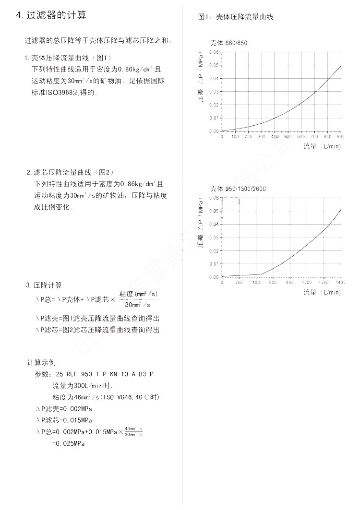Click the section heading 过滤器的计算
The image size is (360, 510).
click(x=51, y=15)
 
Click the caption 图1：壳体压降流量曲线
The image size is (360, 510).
click(x=236, y=17)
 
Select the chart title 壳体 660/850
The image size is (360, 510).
click(x=228, y=43)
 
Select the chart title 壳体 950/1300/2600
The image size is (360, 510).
click(x=238, y=189)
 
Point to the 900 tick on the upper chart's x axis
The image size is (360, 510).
click(x=341, y=137)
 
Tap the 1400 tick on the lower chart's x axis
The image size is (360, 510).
click(x=340, y=283)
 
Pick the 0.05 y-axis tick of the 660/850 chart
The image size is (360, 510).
click(x=214, y=65)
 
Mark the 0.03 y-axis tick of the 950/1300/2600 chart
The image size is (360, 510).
click(x=214, y=237)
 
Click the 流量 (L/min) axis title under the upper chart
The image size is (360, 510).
click(x=322, y=146)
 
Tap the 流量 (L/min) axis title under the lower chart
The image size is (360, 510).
click(x=322, y=292)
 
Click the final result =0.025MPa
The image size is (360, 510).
click(x=68, y=444)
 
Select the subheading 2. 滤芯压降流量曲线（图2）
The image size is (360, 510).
click(x=70, y=172)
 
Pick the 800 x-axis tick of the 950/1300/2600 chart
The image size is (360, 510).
click(x=289, y=283)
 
